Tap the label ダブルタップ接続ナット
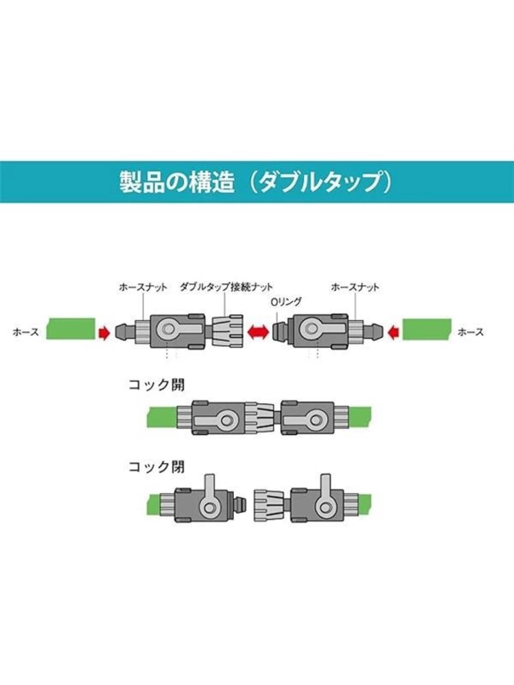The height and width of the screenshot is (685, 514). pyautogui.click(x=226, y=287)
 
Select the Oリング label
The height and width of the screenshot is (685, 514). pyautogui.click(x=286, y=302)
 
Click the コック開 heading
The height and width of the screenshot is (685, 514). pyautogui.click(x=156, y=385)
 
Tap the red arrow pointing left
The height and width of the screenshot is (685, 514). pyautogui.click(x=394, y=333)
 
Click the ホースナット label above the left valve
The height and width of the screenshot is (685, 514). pyautogui.click(x=143, y=287)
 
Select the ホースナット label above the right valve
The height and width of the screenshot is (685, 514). pyautogui.click(x=355, y=287)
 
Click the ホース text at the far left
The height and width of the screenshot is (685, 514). pyautogui.click(x=26, y=332)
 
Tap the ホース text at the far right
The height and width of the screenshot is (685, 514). pyautogui.click(x=471, y=332)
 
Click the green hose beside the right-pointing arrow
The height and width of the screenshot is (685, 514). pyautogui.click(x=71, y=328)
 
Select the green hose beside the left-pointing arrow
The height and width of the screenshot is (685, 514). pyautogui.click(x=427, y=329)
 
